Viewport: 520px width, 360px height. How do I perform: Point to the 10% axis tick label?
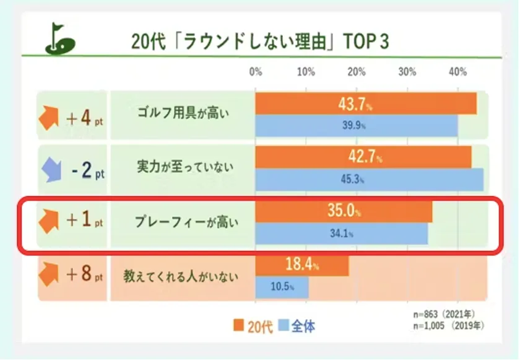pyautogui.click(x=306, y=72)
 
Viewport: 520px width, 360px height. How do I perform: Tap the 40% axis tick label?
pyautogui.click(x=457, y=72)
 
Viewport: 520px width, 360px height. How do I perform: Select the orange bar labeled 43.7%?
pyautogui.click(x=365, y=103)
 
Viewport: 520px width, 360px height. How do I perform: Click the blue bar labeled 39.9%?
pyautogui.click(x=356, y=125)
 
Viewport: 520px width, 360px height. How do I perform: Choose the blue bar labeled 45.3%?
pyautogui.click(x=369, y=180)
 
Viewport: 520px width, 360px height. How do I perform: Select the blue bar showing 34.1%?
pyautogui.click(x=341, y=234)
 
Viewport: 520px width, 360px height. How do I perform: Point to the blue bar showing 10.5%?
pyautogui.click(x=282, y=287)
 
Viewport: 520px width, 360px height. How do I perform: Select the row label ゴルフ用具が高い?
pyautogui.click(x=183, y=114)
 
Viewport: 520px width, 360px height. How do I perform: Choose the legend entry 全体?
pyautogui.click(x=297, y=326)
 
